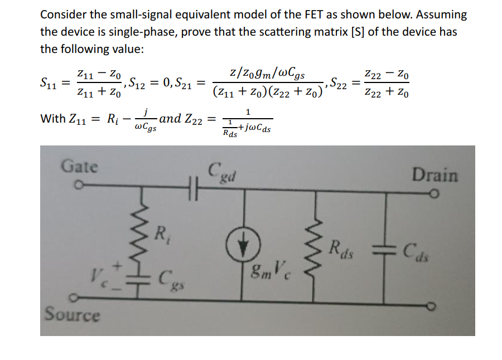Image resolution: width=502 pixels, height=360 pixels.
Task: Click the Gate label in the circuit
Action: pos(79,166)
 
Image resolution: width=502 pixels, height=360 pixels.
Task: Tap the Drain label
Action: pos(435,175)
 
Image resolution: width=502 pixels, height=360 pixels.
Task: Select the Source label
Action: pos(73,315)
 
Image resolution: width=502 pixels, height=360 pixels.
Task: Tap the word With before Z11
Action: pos(52,119)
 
